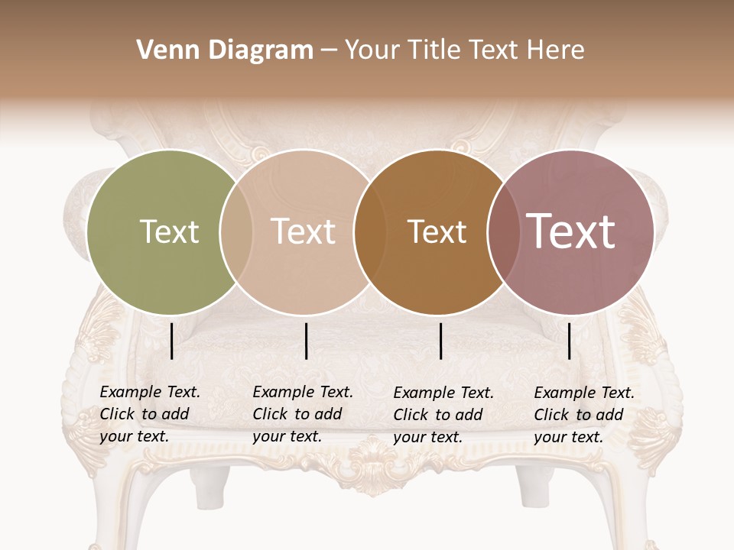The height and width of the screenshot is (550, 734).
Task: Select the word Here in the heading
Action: click(556, 50)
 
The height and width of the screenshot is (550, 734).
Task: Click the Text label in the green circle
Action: click(169, 231)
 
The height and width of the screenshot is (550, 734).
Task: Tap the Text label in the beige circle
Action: click(303, 231)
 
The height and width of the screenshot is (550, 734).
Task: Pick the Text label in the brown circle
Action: click(437, 231)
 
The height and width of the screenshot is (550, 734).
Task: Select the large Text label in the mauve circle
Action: click(570, 231)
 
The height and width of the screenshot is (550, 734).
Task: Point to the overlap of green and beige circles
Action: click(236, 231)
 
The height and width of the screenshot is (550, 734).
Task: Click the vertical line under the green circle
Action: click(172, 341)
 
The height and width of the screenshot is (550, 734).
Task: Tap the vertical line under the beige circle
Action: click(306, 341)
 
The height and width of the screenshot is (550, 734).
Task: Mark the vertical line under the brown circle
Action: click(441, 341)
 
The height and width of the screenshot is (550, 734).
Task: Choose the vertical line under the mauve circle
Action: click(569, 341)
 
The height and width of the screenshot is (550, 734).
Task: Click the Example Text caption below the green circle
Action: click(149, 414)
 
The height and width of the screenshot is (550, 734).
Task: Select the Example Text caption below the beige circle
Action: click(302, 414)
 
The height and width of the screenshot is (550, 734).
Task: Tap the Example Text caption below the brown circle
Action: click(443, 415)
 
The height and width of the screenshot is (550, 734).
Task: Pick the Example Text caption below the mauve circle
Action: click(583, 415)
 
